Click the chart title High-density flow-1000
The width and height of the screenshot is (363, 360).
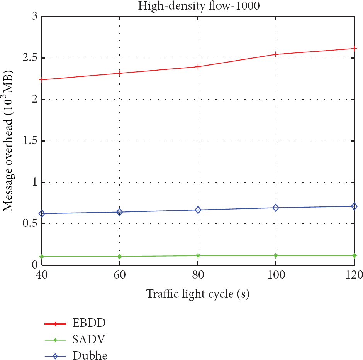point(198,6)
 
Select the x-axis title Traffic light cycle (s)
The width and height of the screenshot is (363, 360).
point(198,294)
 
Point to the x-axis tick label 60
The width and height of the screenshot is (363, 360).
point(120,275)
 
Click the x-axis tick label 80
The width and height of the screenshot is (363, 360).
point(198,275)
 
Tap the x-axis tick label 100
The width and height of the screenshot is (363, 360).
point(276,275)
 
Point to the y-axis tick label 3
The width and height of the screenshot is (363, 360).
point(34,17)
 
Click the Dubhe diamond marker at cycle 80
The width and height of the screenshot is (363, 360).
point(198,210)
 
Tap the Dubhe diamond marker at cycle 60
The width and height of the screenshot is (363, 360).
point(120,212)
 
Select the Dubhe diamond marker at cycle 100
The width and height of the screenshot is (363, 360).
point(276,208)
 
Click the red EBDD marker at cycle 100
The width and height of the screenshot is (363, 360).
point(276,54)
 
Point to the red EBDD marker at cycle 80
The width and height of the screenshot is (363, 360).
point(198,67)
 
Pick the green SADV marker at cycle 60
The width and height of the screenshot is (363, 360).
point(120,256)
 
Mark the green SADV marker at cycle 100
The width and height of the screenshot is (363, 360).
point(276,255)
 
